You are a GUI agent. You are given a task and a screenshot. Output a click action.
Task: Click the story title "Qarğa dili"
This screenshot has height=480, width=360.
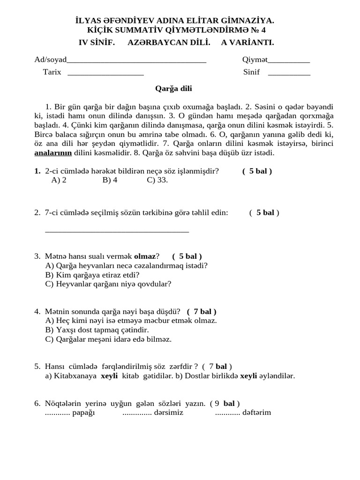(173, 88)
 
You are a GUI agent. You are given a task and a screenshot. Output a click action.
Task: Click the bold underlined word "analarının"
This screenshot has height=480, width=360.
(53, 153)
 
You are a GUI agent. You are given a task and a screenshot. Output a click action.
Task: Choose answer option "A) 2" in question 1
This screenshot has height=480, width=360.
(59, 180)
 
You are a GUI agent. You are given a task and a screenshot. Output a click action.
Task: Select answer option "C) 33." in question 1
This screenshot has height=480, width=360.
(157, 180)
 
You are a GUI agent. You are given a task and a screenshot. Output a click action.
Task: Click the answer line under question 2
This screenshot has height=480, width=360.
(117, 230)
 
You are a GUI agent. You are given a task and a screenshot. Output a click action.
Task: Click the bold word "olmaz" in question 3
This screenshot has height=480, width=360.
(145, 256)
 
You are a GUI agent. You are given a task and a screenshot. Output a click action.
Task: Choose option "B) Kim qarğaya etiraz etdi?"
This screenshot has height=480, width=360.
(92, 275)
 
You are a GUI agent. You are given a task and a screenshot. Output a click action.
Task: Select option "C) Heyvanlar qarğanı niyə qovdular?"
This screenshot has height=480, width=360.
(108, 284)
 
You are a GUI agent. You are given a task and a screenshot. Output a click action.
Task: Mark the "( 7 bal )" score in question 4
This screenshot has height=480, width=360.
(202, 311)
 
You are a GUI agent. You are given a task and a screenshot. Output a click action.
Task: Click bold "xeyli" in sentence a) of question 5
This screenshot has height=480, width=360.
(109, 375)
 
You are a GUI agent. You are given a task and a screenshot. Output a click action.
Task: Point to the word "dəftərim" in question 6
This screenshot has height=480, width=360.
(257, 412)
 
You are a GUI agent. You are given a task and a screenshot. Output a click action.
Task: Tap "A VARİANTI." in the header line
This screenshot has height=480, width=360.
(247, 43)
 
